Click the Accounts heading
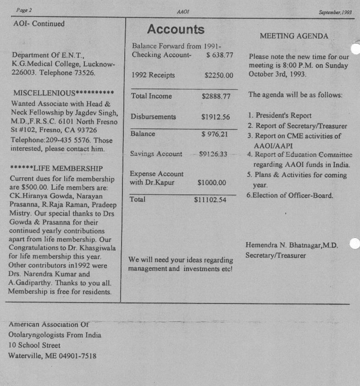tap(175, 30)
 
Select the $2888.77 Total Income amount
tap(216, 96)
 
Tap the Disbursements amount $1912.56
tap(216, 117)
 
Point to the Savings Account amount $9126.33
tap(213, 154)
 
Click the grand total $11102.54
tap(210, 200)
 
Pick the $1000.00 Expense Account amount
tap(212, 182)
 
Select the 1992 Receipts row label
tap(153, 75)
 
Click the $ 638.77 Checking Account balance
tap(220, 55)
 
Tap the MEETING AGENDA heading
tap(294, 36)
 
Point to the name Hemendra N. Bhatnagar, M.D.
tap(292, 245)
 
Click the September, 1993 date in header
tap(335, 12)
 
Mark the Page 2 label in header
tap(24, 10)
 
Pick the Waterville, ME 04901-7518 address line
tap(52, 356)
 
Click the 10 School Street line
tap(34, 345)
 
